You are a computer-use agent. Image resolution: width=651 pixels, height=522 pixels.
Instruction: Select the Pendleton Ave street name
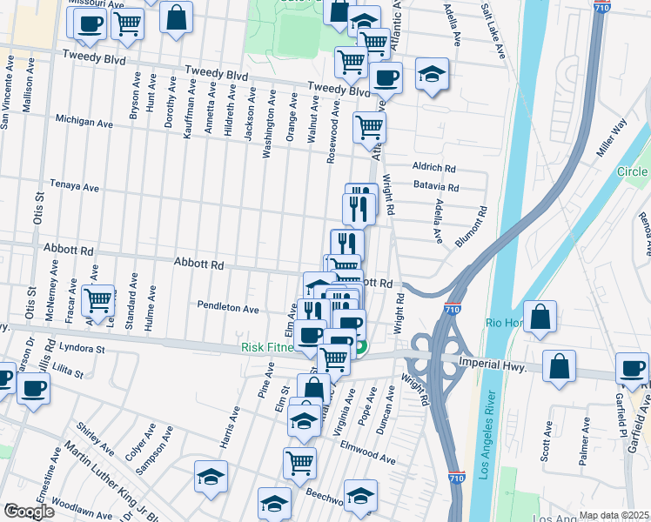coord(228,308)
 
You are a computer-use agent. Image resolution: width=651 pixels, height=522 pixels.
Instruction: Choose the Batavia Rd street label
coord(436,187)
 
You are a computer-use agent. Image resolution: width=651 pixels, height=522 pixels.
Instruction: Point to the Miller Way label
coord(612,138)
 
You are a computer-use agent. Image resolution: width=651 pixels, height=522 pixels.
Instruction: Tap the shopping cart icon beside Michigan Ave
coord(370,127)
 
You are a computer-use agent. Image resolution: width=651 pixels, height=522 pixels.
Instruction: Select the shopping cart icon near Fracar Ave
coord(99,300)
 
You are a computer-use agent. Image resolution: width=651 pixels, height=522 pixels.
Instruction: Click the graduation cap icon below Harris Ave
coord(211,477)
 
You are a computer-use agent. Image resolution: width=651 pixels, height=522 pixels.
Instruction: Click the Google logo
coord(29,512)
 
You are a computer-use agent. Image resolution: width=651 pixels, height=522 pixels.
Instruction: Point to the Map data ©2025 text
coord(613,515)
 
